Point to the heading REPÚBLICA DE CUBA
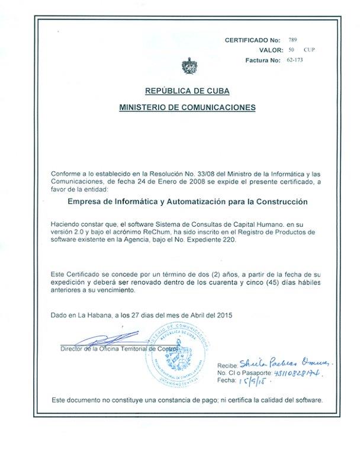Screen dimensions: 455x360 [187, 91]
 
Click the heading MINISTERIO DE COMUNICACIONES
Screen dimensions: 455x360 [187, 108]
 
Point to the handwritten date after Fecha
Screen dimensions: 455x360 [249, 382]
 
